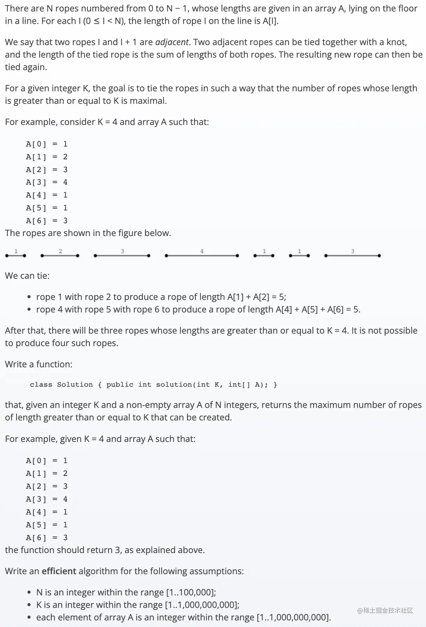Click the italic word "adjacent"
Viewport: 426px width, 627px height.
coord(172,42)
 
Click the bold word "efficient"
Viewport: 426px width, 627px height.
coord(59,571)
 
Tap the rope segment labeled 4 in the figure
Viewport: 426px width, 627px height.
coord(202,256)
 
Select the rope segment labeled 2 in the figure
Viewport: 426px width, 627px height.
coord(60,256)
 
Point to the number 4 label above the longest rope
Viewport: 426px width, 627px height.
coord(202,251)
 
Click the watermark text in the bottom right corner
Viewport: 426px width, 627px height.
coord(385,610)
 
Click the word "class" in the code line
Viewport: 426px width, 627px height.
coord(41,385)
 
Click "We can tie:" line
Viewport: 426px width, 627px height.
coord(27,276)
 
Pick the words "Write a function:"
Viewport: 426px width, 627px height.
coord(39,364)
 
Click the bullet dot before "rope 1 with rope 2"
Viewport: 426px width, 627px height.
coord(30,297)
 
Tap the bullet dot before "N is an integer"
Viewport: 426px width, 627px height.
coord(30,593)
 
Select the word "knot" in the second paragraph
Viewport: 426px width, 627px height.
coord(396,42)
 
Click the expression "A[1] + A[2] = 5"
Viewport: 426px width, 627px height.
coord(256,297)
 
